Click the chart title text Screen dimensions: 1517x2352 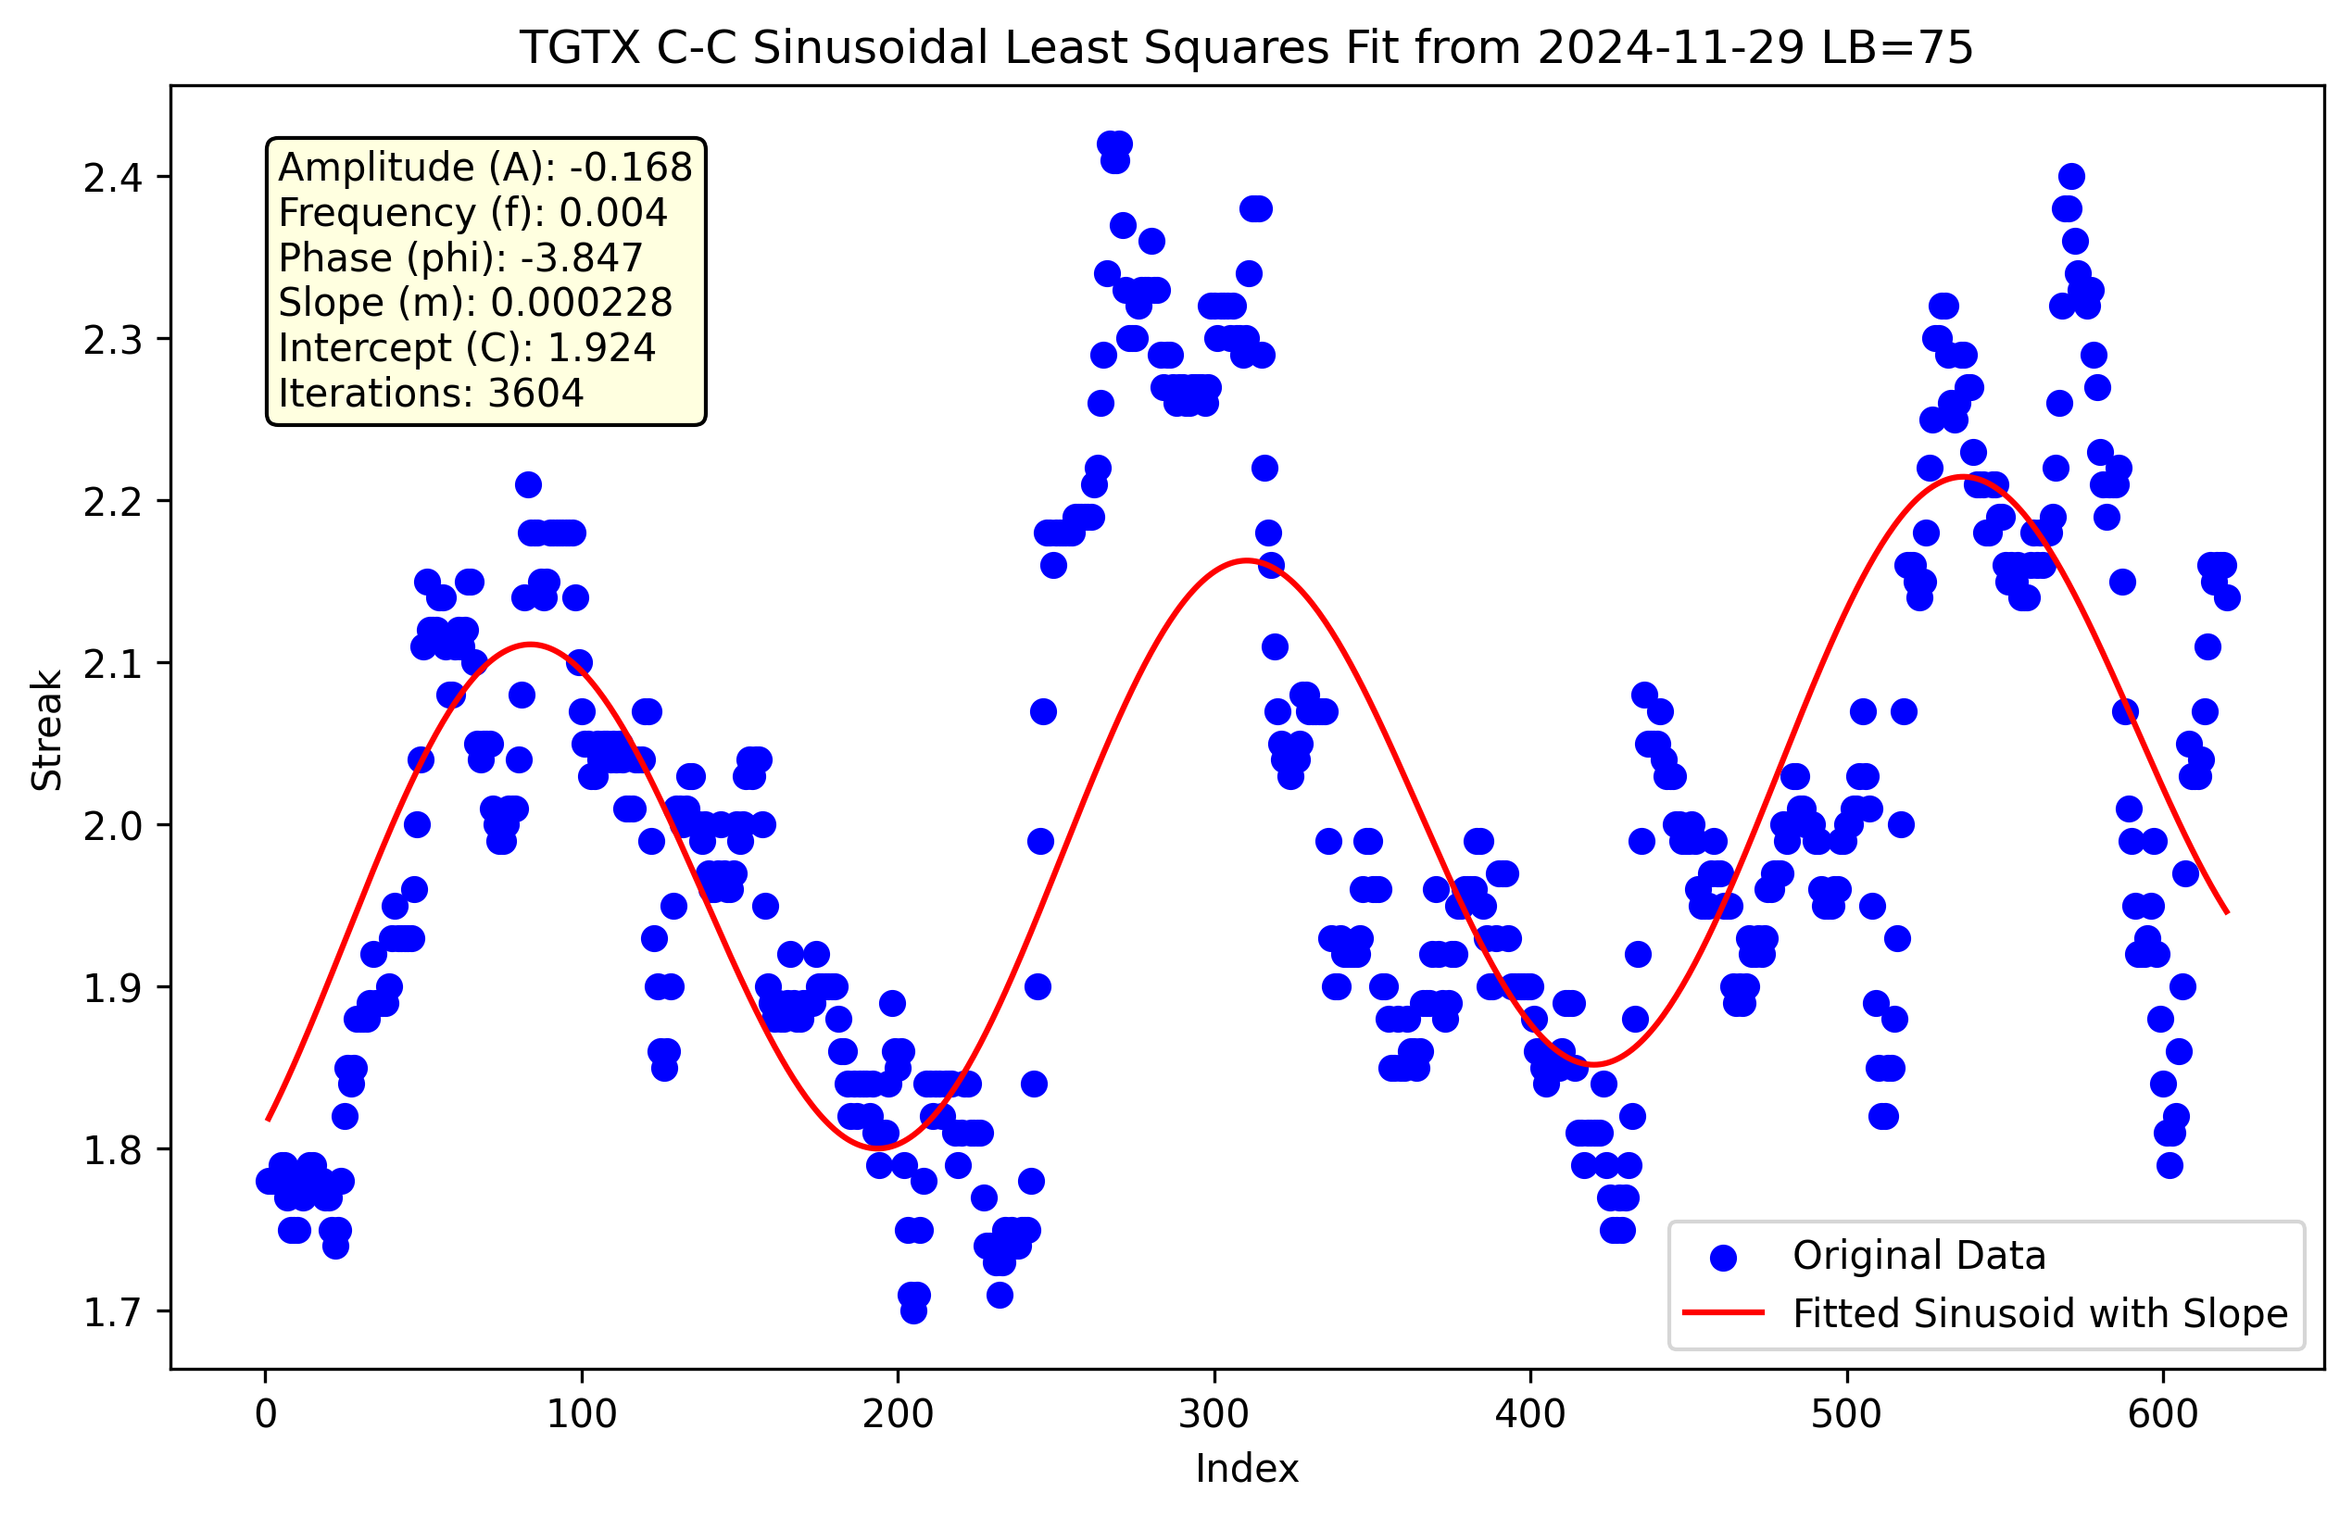pos(1247,47)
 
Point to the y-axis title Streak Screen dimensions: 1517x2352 pos(46,730)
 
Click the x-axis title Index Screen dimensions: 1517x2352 pos(1247,1469)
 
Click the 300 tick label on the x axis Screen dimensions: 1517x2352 pos(1214,1414)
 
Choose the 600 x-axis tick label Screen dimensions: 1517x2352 pos(2163,1414)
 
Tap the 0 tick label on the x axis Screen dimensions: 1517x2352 pos(265,1414)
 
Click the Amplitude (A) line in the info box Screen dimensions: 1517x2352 pos(484,168)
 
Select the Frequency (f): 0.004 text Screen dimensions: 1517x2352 pos(473,213)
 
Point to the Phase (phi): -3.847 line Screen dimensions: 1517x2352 pos(460,258)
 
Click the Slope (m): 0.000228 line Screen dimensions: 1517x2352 pos(475,303)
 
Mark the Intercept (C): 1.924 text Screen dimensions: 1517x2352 pos(467,347)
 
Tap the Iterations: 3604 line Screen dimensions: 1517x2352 pos(431,393)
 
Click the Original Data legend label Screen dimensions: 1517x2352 pos(1918,1256)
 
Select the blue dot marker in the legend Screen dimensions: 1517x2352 pos(1722,1257)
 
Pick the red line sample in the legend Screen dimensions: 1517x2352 pos(1722,1313)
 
